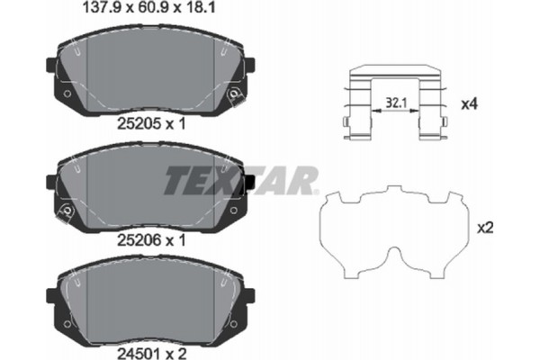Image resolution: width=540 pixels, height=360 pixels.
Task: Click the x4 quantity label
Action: (x=467, y=104)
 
